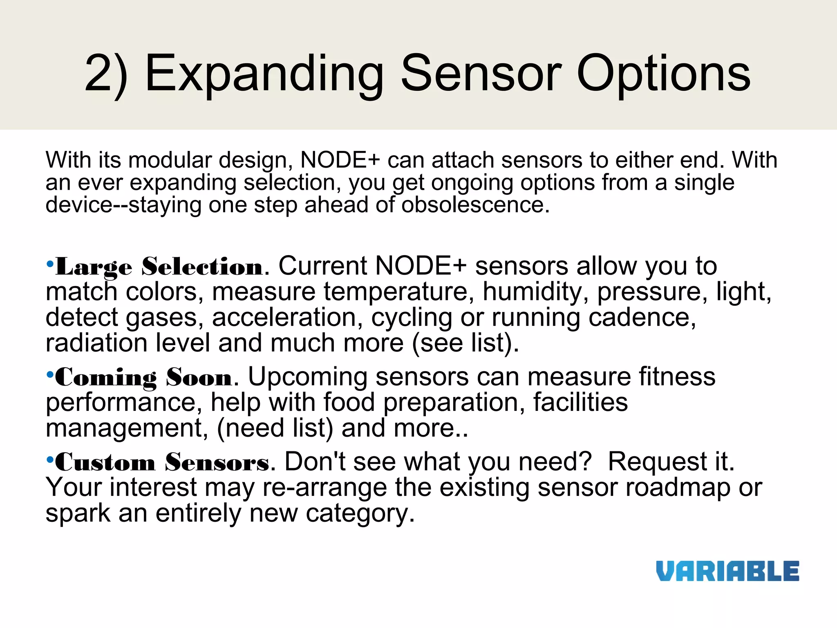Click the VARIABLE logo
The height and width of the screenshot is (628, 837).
[727, 571]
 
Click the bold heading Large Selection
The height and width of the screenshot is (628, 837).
[159, 267]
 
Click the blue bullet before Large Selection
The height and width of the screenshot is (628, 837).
[50, 264]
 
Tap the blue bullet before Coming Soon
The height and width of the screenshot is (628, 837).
[50, 374]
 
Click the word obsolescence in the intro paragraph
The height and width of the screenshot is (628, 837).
[475, 204]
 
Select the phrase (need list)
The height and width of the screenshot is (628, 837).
[275, 428]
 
